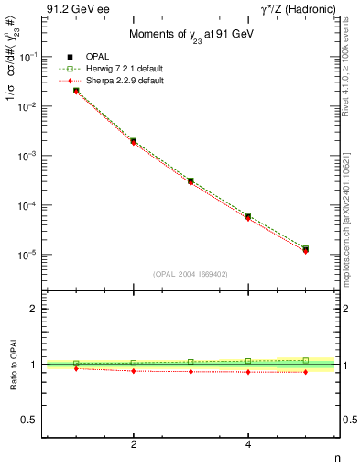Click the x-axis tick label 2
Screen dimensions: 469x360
134,445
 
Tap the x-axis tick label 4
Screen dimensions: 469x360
248,445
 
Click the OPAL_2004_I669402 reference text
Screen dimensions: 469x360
191,273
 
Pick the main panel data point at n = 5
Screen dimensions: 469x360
305,249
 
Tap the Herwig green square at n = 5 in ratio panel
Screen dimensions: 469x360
305,360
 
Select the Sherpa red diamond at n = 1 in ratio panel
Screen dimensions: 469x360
76,368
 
